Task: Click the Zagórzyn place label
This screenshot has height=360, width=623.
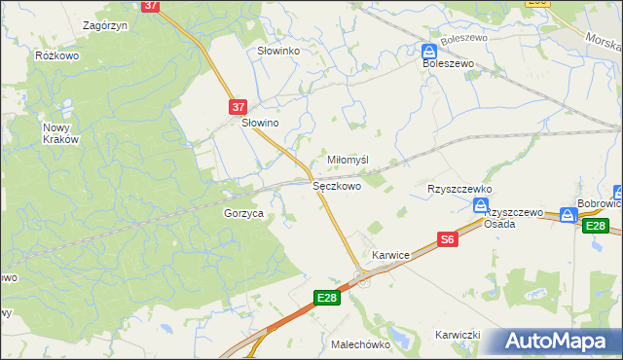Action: coord(107,25)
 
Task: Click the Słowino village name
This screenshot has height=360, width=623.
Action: coord(261,124)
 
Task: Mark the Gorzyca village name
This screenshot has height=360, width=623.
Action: coord(243,213)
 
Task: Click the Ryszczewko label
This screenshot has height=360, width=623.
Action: coord(460,189)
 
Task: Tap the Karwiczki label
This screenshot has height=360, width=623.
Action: coord(459,335)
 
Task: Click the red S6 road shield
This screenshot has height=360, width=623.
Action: coord(447,238)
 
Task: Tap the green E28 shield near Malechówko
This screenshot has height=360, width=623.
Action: coord(328,298)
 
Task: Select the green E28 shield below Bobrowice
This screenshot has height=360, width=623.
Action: coord(596,226)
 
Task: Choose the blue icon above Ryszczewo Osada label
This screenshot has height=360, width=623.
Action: coord(480,204)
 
